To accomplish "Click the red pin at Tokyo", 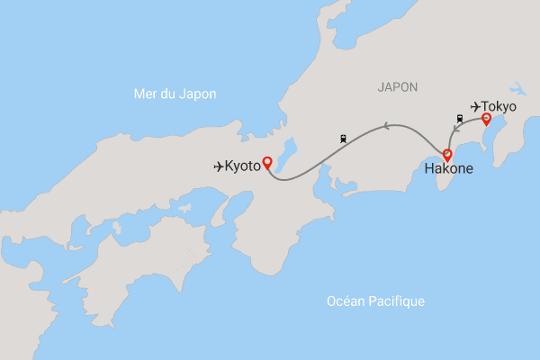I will [486, 120].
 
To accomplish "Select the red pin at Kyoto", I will [266, 164].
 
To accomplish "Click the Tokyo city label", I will [499, 106].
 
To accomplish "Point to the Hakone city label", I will [447, 168].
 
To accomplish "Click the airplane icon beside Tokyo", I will [475, 106].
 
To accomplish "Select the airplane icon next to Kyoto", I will [219, 166].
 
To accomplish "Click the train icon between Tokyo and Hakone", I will [460, 118].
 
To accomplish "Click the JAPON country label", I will [398, 87].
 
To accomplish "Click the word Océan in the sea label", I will [346, 301].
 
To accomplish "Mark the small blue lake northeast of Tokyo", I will [517, 89].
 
